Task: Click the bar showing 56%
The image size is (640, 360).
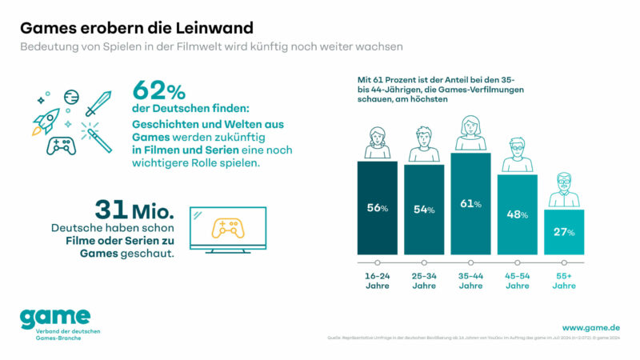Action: click(377, 208)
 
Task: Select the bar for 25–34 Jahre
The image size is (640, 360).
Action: click(423, 210)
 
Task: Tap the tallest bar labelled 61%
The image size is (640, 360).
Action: click(470, 203)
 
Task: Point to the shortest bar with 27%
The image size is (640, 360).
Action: click(564, 232)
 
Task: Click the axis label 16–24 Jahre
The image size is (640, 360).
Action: click(377, 281)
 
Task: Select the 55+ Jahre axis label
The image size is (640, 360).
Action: click(564, 281)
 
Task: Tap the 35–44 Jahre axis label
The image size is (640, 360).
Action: click(470, 281)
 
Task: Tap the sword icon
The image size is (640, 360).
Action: click(98, 102)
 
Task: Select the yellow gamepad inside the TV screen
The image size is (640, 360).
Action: click(227, 227)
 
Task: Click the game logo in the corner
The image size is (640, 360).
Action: click(55, 318)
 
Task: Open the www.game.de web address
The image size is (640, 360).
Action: click(591, 327)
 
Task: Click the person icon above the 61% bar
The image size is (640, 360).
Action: click(470, 132)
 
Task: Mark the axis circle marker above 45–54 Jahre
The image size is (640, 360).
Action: click(517, 262)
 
